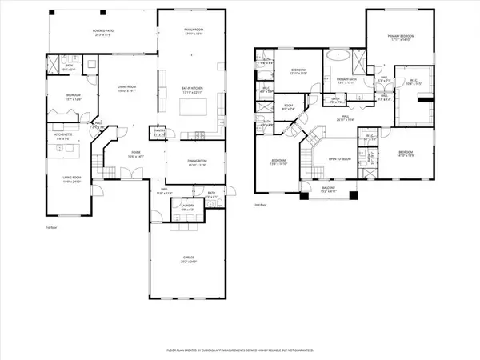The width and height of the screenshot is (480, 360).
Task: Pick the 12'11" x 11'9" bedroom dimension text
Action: click(x=300, y=74)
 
